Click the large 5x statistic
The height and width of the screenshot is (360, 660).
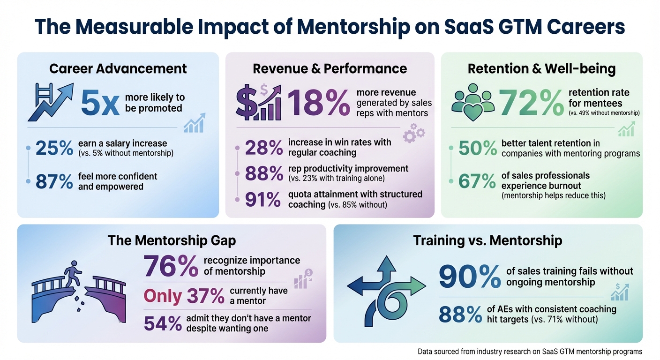pos(100,104)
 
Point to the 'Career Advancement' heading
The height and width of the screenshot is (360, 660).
pos(118,68)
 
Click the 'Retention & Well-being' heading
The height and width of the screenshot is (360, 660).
pos(541,68)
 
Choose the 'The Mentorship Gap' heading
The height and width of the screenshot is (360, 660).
pos(172,240)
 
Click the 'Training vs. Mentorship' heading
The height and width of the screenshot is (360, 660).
pos(487,240)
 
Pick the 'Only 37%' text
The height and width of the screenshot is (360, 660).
pos(184,296)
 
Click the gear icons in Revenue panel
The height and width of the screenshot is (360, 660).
pos(414,133)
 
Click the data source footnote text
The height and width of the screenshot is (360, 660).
pos(530,351)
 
